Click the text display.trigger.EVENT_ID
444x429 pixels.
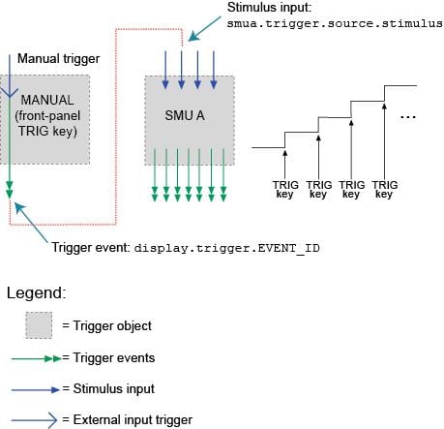226,248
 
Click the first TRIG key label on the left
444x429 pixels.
285,188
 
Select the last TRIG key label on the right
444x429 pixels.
385,188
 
